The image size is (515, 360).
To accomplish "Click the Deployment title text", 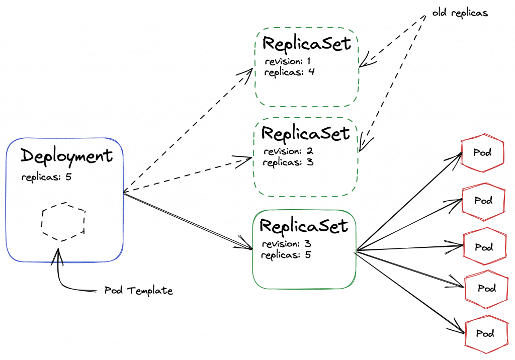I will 66,156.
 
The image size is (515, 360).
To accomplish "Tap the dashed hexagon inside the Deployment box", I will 63,222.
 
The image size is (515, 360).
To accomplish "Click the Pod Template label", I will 138,291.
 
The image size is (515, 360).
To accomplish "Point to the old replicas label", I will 460,14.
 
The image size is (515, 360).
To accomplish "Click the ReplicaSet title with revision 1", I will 306,44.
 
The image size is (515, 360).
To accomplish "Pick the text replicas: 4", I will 290,72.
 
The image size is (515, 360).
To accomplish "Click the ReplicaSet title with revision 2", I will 305,134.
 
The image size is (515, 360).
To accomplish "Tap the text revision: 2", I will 288,151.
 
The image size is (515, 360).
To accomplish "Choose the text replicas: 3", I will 289,162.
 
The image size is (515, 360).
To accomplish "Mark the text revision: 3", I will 286,244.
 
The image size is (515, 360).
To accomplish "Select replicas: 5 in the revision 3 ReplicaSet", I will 287,254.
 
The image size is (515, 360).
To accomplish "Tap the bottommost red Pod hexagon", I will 485,333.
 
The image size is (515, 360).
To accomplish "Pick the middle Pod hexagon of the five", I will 483,247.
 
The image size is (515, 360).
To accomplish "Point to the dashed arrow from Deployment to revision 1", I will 186,131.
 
